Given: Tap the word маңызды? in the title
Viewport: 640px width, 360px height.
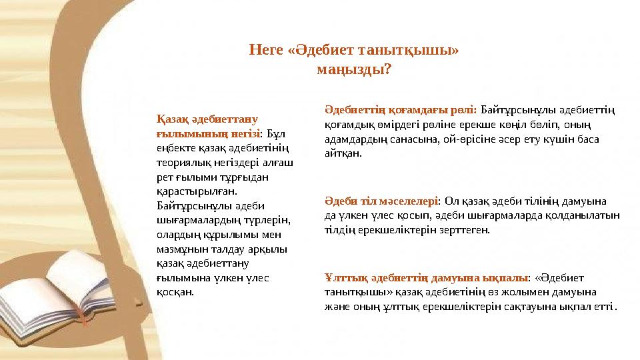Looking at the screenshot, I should tap(354, 69).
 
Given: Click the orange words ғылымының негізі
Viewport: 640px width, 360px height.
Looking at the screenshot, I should tap(198, 132).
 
